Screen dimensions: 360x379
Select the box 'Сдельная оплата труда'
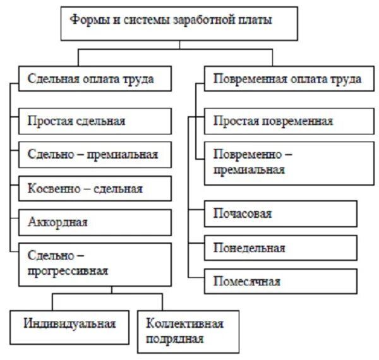point(95,80)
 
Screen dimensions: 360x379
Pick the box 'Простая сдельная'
point(95,121)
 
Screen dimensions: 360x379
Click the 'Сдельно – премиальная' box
point(95,154)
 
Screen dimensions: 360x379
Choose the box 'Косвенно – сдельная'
point(95,188)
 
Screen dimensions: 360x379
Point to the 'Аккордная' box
point(95,222)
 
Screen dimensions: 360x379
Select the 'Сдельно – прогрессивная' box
point(95,263)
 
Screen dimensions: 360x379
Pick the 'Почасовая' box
point(280,213)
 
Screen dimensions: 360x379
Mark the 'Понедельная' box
point(280,248)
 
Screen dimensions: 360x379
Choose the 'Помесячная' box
point(280,282)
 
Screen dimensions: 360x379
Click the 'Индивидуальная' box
point(69,324)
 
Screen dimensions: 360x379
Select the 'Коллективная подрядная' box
point(188,331)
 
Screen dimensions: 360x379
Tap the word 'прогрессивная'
point(68,271)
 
